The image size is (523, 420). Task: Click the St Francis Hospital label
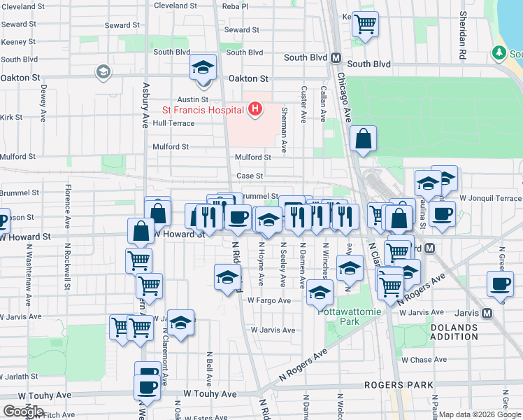point(203,110)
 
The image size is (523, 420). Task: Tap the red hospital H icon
point(255,109)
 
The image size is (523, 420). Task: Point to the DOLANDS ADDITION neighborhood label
point(453,332)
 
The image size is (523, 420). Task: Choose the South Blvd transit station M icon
point(336,58)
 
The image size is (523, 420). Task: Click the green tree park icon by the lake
point(499,52)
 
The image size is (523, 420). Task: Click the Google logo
point(23,412)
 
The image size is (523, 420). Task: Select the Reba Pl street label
point(234,6)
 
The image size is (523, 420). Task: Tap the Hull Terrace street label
point(173,122)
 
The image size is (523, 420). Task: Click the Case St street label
point(250,176)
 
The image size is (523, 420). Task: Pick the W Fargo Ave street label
point(268,300)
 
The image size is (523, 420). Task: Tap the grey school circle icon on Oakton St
point(103,71)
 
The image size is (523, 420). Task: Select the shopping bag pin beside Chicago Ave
point(364,140)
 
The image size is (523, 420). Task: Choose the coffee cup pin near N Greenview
point(500,284)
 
